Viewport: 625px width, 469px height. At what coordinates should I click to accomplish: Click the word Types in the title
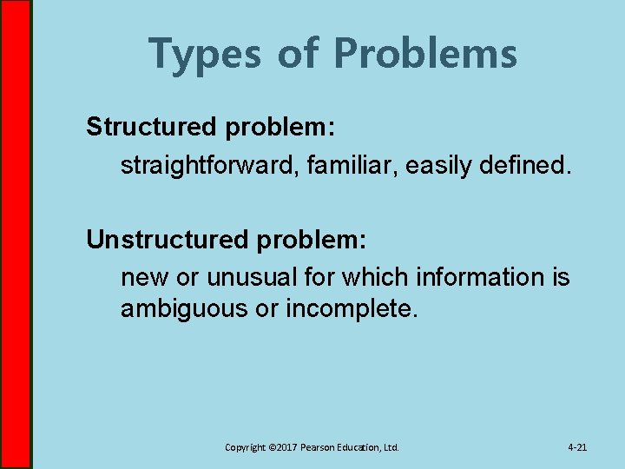pos(205,54)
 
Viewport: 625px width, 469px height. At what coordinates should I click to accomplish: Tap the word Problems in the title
pos(424,54)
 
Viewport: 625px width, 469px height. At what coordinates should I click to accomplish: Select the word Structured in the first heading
pos(151,127)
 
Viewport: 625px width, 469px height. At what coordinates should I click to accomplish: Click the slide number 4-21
pos(577,447)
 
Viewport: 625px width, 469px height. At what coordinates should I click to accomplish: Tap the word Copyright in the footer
pos(246,447)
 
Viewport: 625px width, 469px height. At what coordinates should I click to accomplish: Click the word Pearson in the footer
pos(319,447)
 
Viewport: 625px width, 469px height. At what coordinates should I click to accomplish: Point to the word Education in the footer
pos(359,447)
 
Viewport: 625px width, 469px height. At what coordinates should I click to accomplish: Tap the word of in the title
pos(299,54)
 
